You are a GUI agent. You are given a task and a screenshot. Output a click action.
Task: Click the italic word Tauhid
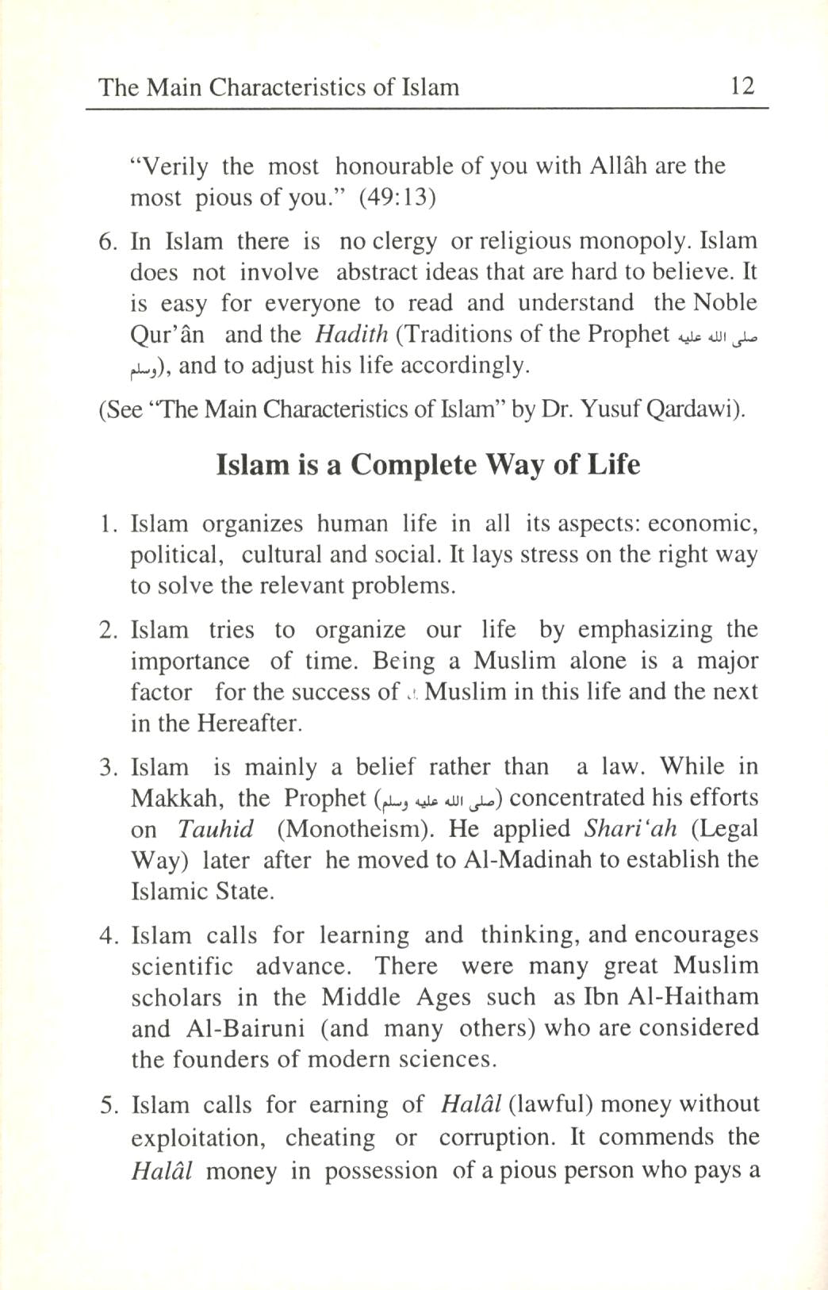pyautogui.click(x=216, y=830)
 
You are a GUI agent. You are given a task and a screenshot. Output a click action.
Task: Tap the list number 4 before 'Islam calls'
pyautogui.click(x=108, y=935)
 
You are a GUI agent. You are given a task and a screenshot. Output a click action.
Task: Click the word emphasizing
pyautogui.click(x=645, y=630)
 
